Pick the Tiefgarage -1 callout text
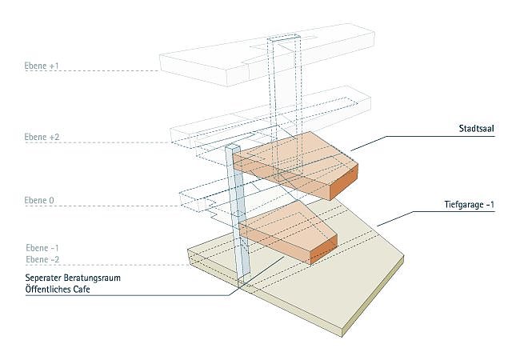point(466,205)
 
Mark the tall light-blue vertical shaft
point(238,216)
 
